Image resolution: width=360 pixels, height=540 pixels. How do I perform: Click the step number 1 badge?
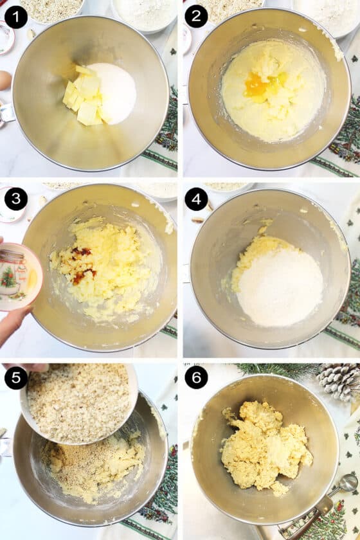pyautogui.click(x=15, y=16)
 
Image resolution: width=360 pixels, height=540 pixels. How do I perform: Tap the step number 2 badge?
pyautogui.click(x=196, y=16)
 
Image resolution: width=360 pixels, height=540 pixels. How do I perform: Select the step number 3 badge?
pyautogui.click(x=15, y=199)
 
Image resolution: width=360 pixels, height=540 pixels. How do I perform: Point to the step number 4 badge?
pyautogui.click(x=196, y=199)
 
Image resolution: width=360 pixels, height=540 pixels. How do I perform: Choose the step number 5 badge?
pyautogui.click(x=15, y=378)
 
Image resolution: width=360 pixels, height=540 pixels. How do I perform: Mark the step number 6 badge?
pyautogui.click(x=196, y=378)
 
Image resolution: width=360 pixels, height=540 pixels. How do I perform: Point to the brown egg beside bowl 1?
pyautogui.click(x=4, y=80)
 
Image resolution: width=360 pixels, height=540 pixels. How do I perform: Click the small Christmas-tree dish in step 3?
pyautogui.click(x=18, y=276)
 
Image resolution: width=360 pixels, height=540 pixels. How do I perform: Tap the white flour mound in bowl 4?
pyautogui.click(x=279, y=286)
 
